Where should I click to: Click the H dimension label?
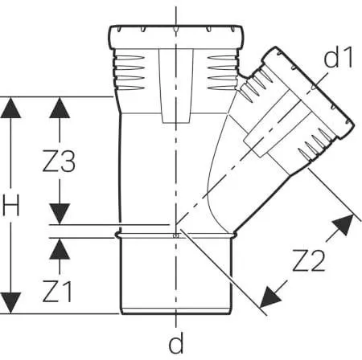point(11,206)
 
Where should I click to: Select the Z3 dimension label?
point(59,162)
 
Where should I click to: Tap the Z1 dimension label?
point(57,292)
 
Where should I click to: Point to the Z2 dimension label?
point(309,260)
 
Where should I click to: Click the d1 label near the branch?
point(338,57)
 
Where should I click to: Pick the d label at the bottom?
point(176,342)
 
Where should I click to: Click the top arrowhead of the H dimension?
point(10,108)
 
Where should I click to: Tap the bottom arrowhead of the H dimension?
point(10,303)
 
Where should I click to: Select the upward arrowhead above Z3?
point(60,108)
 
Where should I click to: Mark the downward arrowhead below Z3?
point(60,214)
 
